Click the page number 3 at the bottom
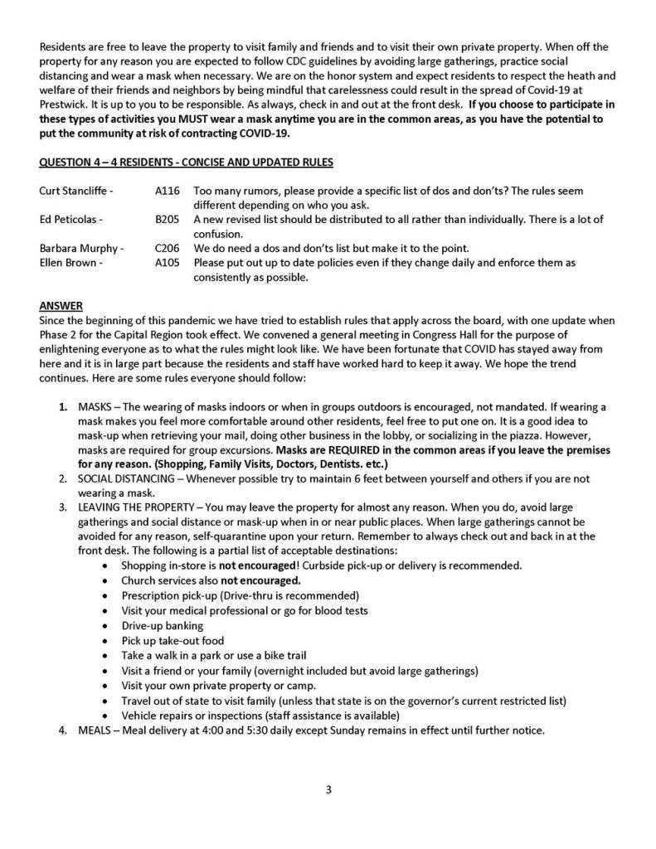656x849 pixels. click(x=328, y=789)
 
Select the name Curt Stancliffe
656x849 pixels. click(x=76, y=191)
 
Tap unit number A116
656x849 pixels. click(x=167, y=191)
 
